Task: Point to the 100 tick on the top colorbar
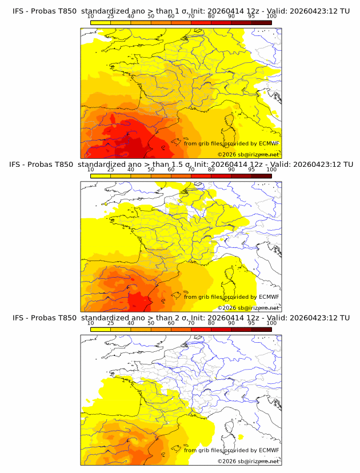[x=271, y=16]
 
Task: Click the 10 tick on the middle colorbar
[x=90, y=170]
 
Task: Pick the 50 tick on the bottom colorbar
[x=151, y=323]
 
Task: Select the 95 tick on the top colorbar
[x=251, y=16]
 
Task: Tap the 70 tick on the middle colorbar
[x=191, y=170]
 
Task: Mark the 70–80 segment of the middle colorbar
[x=201, y=175]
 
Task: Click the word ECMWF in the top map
[x=269, y=143]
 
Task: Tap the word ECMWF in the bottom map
[x=269, y=450]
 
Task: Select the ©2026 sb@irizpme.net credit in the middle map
[x=248, y=308]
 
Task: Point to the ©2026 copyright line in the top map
[x=248, y=155]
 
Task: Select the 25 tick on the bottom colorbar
[x=110, y=323]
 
